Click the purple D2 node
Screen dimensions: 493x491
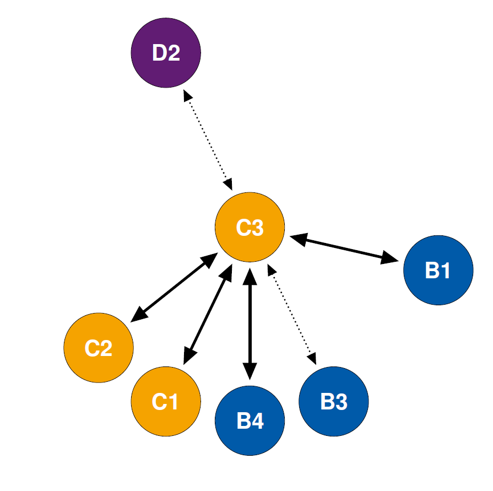pos(166,53)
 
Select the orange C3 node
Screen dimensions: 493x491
pos(250,227)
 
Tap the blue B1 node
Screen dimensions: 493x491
pos(438,270)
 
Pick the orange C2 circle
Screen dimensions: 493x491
pos(99,348)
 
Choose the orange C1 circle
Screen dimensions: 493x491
pos(166,401)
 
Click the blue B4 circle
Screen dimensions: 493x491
pos(250,420)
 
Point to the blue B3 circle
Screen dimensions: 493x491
pos(334,401)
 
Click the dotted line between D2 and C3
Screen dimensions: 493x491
pos(208,140)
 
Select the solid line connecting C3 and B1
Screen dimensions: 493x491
pos(344,249)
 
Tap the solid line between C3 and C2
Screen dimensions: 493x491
pos(174,287)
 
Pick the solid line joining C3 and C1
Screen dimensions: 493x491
pos(208,314)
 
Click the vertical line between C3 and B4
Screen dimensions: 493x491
pos(250,324)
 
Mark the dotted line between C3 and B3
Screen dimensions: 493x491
pos(292,314)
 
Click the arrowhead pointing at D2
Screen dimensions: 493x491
pos(187,95)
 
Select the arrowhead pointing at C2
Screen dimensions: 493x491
pos(139,315)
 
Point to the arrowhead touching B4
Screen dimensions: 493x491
pos(250,371)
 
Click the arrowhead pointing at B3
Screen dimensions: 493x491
pos(312,359)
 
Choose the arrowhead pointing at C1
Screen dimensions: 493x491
pos(189,357)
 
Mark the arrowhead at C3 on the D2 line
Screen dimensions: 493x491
pos(228,184)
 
